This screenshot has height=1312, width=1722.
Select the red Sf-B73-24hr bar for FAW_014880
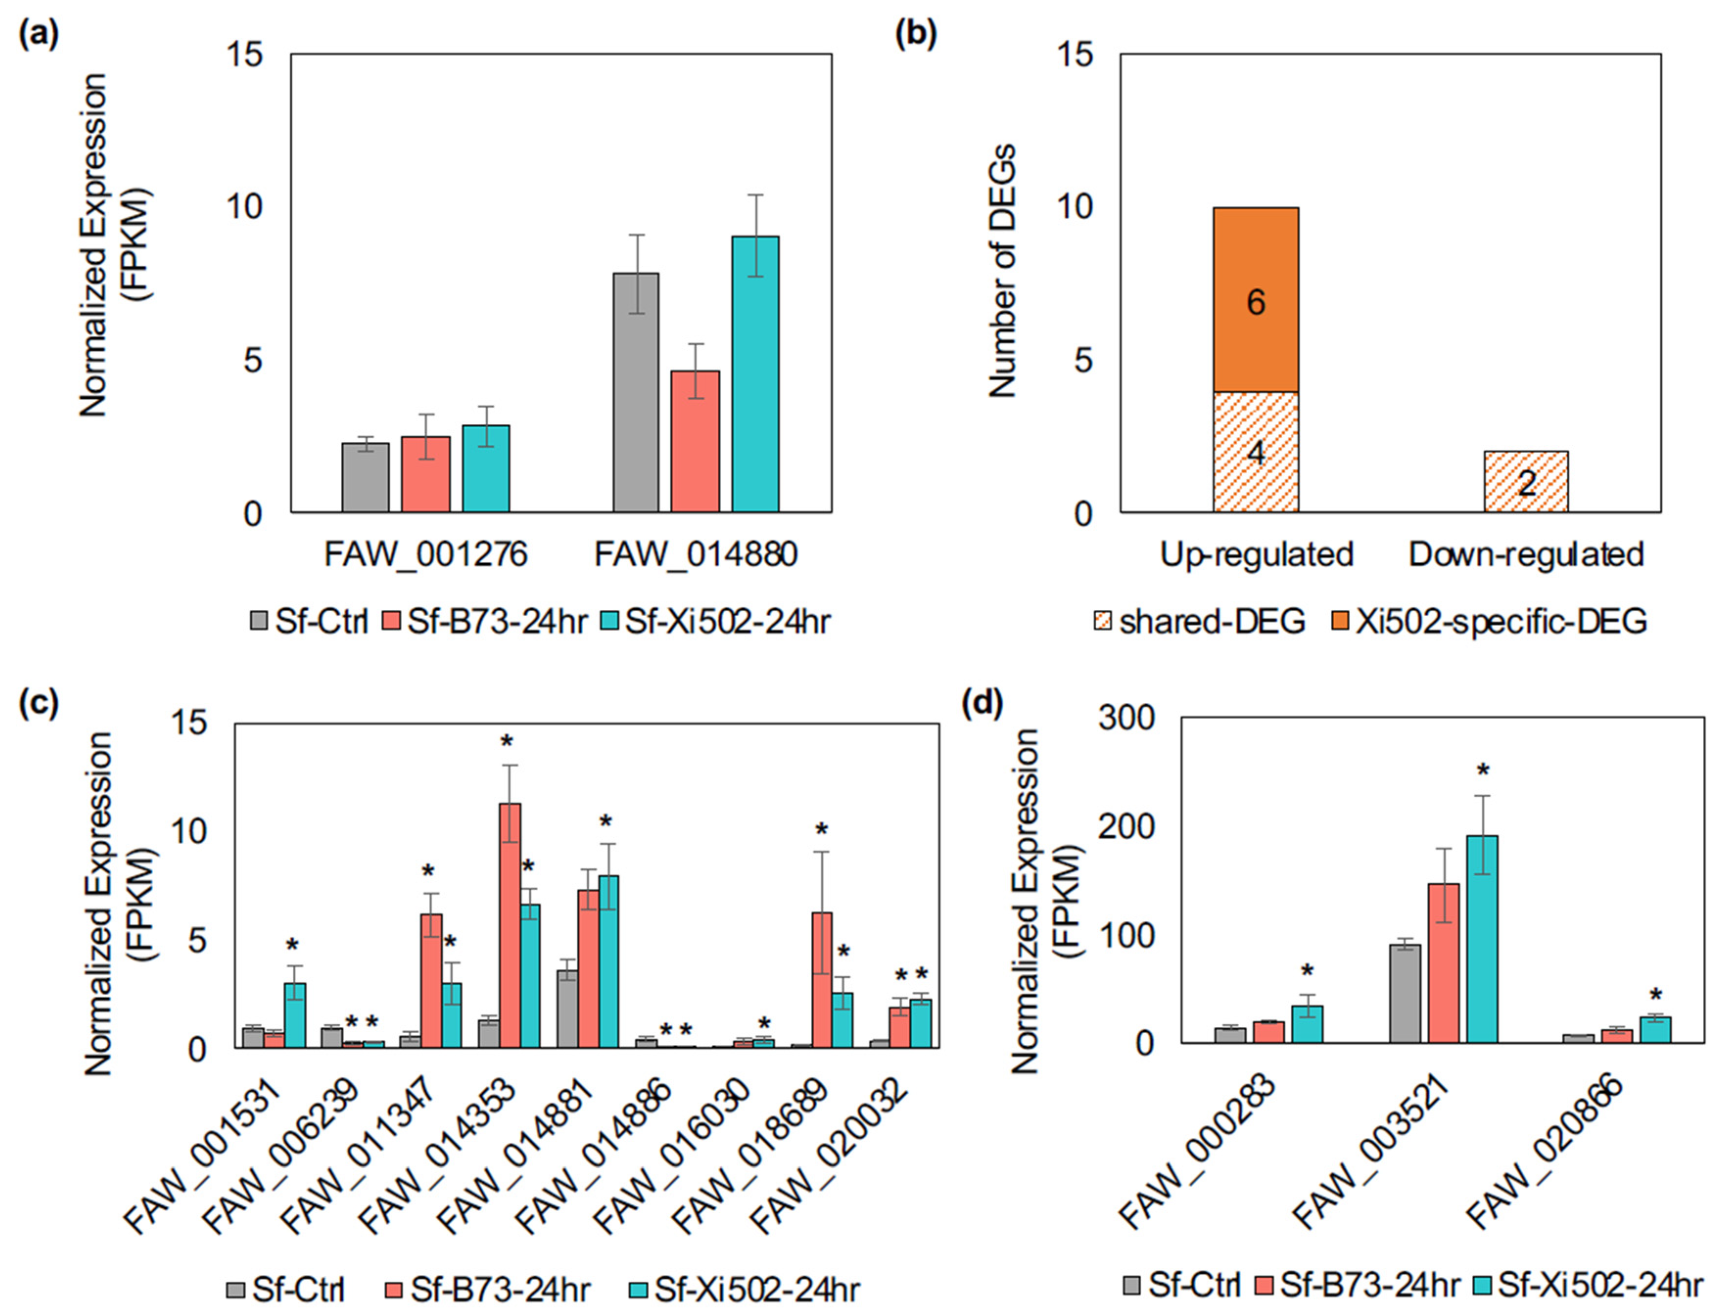[695, 441]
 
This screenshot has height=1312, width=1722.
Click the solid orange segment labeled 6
[1255, 300]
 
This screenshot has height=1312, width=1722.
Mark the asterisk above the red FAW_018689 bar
[821, 829]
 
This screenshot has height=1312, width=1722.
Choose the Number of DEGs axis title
[1002, 270]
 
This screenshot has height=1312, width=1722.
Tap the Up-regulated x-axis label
[1255, 554]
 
